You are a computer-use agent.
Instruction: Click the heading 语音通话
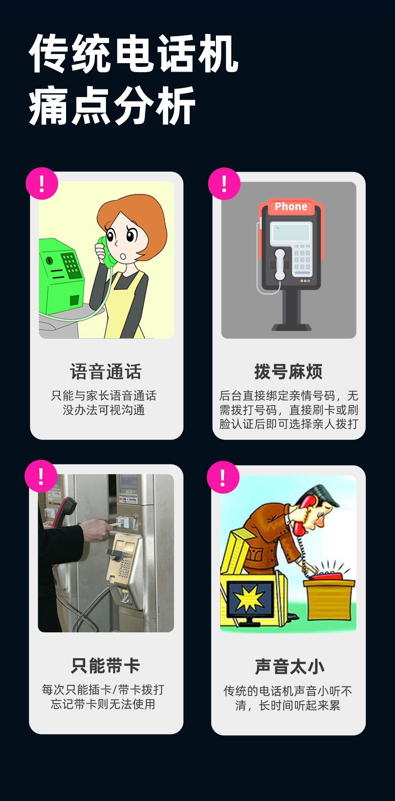[106, 372]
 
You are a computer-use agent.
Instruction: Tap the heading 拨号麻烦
[288, 372]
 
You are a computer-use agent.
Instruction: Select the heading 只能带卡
[105, 665]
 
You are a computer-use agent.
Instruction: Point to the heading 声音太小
[290, 667]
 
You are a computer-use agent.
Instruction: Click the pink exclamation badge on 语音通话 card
[41, 184]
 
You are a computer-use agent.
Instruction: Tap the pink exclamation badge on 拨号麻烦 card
[224, 184]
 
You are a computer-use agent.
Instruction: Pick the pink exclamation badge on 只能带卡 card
[41, 476]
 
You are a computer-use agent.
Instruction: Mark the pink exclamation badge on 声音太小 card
[223, 477]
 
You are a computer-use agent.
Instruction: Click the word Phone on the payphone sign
[291, 206]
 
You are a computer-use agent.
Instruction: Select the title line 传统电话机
[134, 54]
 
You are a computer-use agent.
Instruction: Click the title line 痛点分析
[112, 106]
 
